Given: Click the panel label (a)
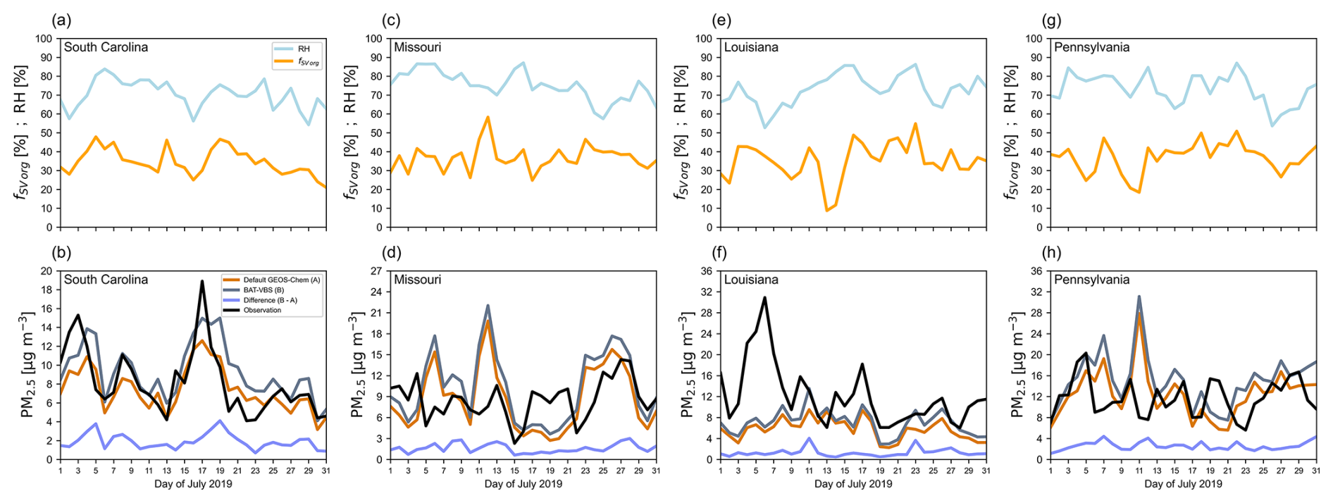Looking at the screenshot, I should pyautogui.click(x=63, y=20).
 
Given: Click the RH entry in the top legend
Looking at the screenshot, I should pyautogui.click(x=304, y=49).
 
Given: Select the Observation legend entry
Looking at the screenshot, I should pyautogui.click(x=262, y=310).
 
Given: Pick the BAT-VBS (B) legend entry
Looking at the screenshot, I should pyautogui.click(x=263, y=290).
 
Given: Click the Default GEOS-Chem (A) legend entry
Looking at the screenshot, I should pyautogui.click(x=281, y=280).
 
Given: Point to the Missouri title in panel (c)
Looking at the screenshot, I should pyautogui.click(x=417, y=47).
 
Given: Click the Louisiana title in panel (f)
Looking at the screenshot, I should pyautogui.click(x=751, y=280).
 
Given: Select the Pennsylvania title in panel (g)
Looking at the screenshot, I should pyautogui.click(x=1091, y=47).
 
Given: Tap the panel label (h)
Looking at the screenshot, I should pyautogui.click(x=1050, y=253).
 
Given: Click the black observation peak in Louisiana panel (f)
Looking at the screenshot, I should pyautogui.click(x=764, y=297).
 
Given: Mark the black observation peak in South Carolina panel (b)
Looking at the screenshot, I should pyautogui.click(x=202, y=281).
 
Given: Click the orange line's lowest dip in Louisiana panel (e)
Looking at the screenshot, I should pyautogui.click(x=826, y=211).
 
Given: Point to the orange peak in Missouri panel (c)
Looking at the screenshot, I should pyautogui.click(x=488, y=117).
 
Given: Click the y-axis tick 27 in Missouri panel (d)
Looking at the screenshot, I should pyautogui.click(x=376, y=271).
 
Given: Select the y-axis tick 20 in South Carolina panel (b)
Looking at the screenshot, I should pyautogui.click(x=46, y=271).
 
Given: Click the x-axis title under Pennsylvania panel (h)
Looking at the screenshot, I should pyautogui.click(x=1183, y=484).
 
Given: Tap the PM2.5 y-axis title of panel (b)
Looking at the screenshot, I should pyautogui.click(x=27, y=365).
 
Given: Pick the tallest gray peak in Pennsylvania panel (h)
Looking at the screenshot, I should pyautogui.click(x=1139, y=297).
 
